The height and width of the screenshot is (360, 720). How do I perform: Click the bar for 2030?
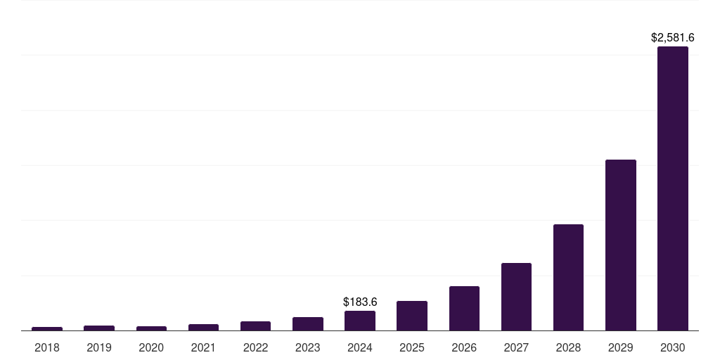coord(673,188)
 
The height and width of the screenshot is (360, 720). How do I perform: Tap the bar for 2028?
coord(568,277)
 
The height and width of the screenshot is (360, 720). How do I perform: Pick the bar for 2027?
coord(516,297)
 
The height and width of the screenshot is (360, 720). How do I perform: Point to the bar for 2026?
coord(464,308)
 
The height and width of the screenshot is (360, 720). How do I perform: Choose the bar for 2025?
coord(412,316)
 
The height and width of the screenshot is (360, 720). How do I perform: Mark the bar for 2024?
coord(360,321)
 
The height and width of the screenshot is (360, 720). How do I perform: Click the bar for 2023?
coord(308,323)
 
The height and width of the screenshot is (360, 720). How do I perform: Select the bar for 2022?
coord(255,326)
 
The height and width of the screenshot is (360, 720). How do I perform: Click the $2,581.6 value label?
coord(673,37)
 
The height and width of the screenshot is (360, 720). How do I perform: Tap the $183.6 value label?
coord(360,302)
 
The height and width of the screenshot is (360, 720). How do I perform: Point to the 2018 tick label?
coord(47,347)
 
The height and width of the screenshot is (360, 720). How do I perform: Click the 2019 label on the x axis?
coord(99,347)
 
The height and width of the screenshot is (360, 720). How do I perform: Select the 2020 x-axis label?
coord(151,347)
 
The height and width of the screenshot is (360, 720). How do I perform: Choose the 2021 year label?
coord(203,347)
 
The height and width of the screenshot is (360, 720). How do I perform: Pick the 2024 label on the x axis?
coord(360,347)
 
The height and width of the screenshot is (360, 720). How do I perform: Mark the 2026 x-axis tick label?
coord(464,347)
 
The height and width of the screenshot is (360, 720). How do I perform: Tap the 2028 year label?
coord(568,347)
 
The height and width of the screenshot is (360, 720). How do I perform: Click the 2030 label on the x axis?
coord(673,347)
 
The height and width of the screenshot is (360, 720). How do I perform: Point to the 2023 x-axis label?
coord(308,347)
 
